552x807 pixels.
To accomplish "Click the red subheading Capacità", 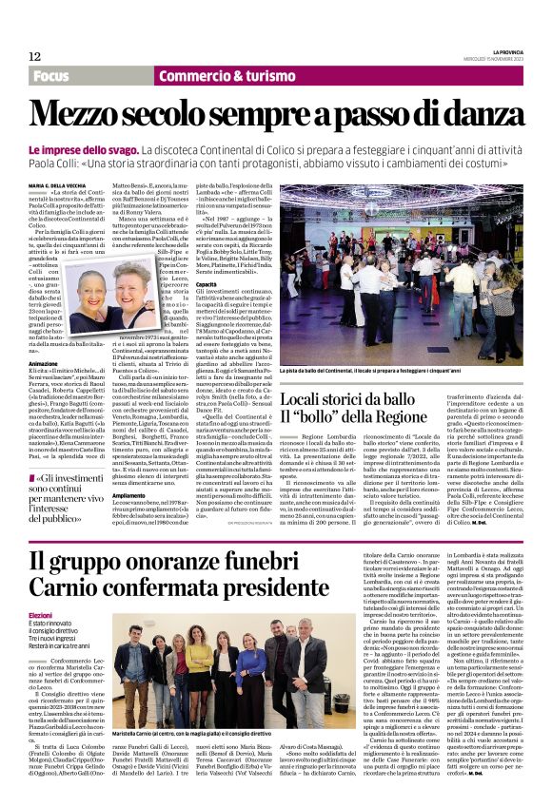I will (207, 283).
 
